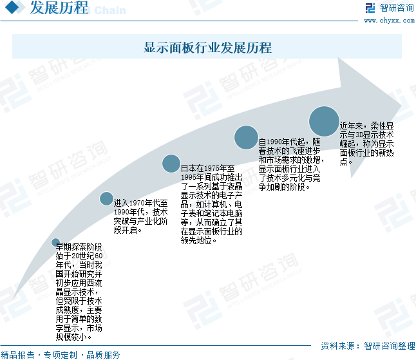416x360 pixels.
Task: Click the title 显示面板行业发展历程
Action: point(207,48)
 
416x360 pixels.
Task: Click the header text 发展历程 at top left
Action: point(59,8)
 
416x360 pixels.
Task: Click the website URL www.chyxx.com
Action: point(389,20)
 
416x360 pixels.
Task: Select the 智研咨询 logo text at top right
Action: point(397,8)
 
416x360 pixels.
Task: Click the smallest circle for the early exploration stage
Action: point(55,243)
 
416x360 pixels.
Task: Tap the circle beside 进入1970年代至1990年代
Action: point(106,198)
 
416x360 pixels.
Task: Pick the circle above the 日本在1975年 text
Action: point(171,164)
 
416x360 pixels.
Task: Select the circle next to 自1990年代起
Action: point(246,137)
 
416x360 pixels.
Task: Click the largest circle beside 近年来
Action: point(324,121)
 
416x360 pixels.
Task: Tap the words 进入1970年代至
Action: point(141,203)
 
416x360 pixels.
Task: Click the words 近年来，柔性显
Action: point(366,126)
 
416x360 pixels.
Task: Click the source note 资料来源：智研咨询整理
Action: point(368,346)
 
